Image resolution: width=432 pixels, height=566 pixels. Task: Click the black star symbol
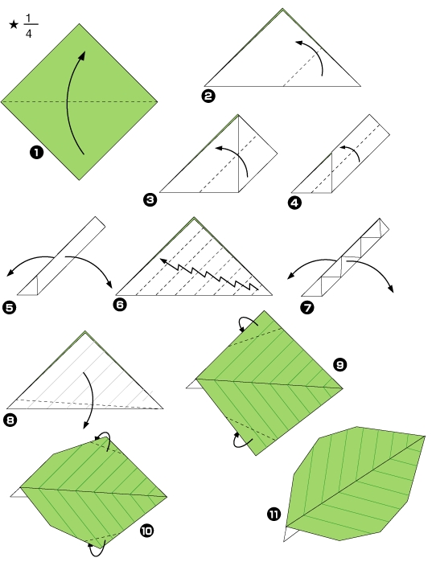[x=14, y=25]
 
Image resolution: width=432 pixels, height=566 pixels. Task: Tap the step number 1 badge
[x=36, y=152]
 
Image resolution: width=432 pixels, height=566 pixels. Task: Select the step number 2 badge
[x=208, y=96]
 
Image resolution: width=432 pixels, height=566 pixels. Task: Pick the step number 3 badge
[x=150, y=199]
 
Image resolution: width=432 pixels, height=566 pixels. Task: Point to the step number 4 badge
[x=294, y=203]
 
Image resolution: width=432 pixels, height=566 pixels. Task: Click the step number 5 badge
[x=10, y=308]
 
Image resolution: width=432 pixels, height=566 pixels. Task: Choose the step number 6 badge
[x=120, y=304]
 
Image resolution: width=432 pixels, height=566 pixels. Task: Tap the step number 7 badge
[x=307, y=308]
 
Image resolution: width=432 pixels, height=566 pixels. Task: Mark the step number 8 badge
[x=10, y=420]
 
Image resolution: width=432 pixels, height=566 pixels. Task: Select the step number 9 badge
[x=340, y=364]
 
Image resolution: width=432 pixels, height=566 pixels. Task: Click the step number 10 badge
[x=146, y=531]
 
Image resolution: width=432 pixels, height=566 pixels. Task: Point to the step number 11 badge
[x=274, y=514]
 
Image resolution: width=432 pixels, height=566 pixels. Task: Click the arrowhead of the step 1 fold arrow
[x=82, y=55]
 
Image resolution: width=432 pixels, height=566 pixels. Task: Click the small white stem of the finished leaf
[x=290, y=534]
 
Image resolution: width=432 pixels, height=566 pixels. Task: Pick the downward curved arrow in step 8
[x=91, y=397]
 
